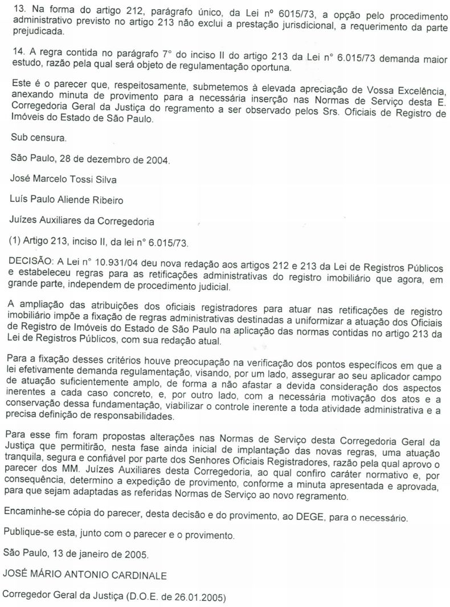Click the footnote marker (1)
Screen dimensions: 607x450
19,241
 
